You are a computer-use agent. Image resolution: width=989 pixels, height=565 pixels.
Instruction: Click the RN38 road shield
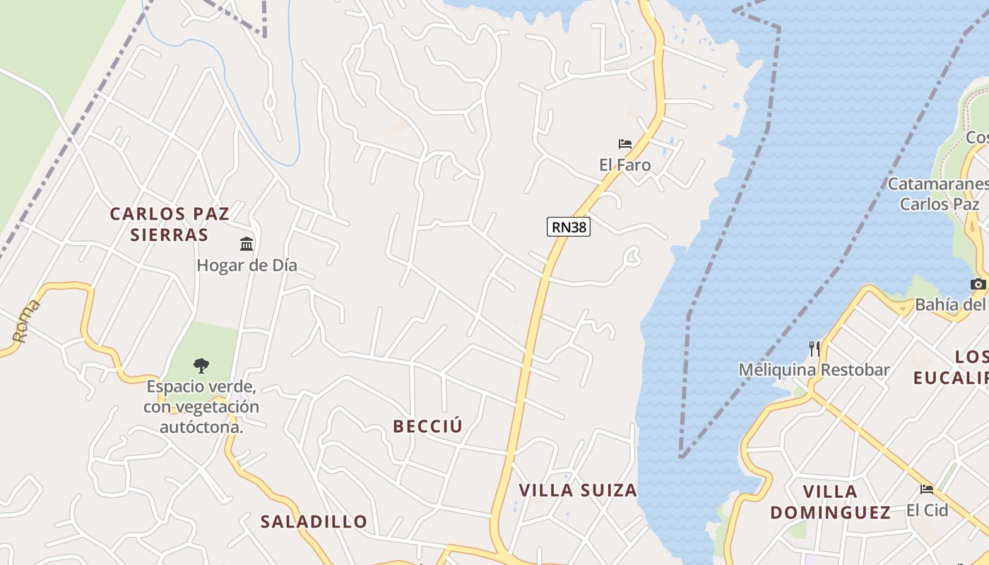point(568,227)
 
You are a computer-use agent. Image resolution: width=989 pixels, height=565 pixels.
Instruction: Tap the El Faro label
point(624,165)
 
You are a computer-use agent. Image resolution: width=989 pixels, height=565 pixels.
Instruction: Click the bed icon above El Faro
point(624,144)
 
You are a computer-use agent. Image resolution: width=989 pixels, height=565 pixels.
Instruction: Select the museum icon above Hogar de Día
point(247,244)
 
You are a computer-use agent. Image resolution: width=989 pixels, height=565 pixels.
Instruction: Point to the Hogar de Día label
point(247,266)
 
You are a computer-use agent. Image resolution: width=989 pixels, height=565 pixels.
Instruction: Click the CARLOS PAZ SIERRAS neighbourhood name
point(170,224)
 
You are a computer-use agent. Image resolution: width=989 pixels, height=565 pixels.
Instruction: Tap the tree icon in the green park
point(201,365)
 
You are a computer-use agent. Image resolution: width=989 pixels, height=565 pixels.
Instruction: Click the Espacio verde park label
point(201,407)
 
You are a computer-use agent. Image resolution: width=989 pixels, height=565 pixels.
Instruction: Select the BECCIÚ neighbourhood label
point(427,427)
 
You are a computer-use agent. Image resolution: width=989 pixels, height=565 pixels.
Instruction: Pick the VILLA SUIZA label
point(578,490)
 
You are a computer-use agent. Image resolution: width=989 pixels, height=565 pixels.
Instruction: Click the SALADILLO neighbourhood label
point(314,522)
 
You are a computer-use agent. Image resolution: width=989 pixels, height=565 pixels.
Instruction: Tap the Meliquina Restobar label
point(814,369)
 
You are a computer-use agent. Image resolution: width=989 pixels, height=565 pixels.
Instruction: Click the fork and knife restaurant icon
point(814,348)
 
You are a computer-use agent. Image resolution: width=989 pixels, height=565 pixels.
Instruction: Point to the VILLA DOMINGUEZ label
point(830,501)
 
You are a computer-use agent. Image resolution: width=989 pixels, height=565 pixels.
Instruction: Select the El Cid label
point(927,510)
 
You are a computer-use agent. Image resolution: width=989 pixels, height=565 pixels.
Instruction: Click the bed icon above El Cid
point(927,489)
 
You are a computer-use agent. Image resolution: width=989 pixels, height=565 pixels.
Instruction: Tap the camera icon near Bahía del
point(978,284)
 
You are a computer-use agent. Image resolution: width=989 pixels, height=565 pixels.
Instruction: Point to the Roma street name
point(27,321)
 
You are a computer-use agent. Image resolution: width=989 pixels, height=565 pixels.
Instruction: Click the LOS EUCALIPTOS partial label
point(950,367)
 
